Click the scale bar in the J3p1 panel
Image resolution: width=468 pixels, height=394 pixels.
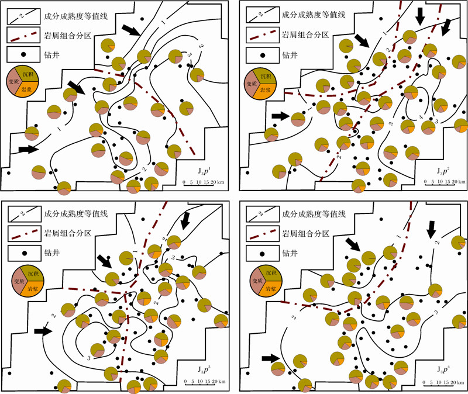coord(202,182)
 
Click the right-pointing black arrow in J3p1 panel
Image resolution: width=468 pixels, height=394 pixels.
coord(28,150)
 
